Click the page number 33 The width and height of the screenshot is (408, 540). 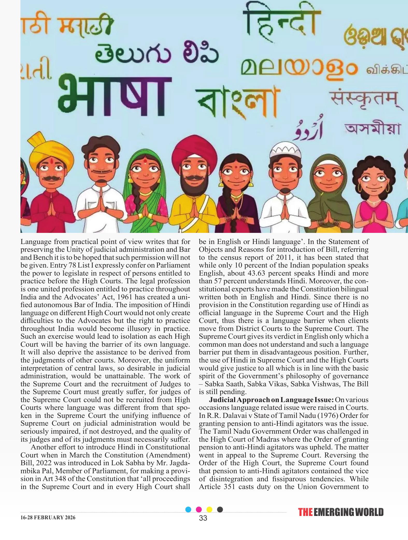[203, 518]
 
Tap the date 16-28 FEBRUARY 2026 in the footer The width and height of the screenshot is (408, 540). [48, 517]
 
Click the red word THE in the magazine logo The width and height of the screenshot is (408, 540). [305, 512]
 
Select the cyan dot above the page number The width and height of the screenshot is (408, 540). [188, 509]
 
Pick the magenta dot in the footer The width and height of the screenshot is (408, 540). [199, 509]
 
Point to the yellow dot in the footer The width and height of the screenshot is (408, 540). [209, 509]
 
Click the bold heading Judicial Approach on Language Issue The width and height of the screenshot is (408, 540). [271, 400]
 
